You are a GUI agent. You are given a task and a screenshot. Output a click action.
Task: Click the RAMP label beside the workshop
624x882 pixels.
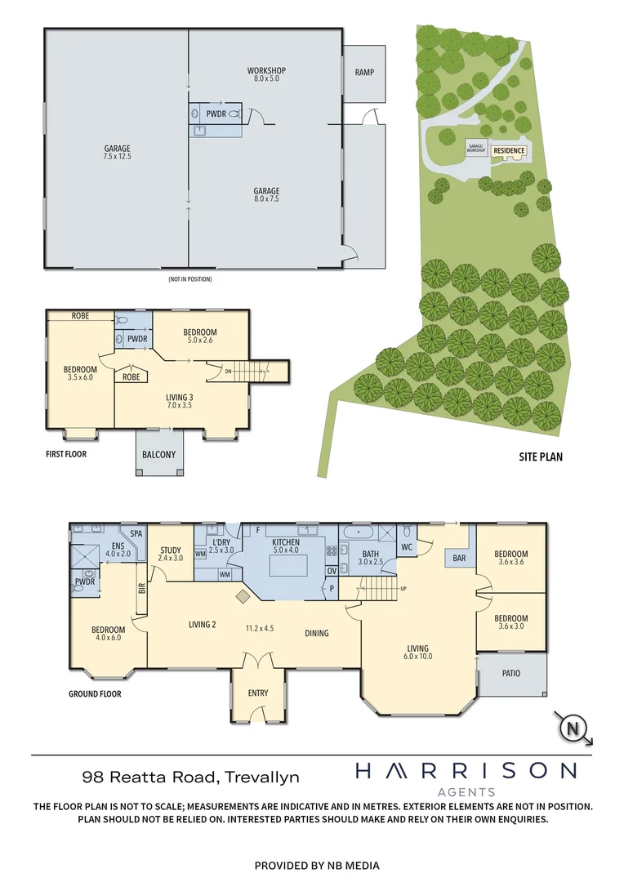point(364,72)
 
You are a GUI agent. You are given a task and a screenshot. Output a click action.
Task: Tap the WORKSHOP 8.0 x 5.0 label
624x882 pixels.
point(266,74)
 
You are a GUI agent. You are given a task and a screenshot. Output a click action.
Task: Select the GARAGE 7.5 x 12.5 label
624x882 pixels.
point(118,152)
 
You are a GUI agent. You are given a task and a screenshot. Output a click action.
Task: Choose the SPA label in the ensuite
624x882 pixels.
point(136,533)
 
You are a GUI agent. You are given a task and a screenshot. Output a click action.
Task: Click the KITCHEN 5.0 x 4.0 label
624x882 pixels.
point(286,546)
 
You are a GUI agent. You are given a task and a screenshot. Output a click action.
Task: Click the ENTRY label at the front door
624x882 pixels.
point(258,693)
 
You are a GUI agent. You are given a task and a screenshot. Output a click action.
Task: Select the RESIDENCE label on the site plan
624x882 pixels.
point(508,151)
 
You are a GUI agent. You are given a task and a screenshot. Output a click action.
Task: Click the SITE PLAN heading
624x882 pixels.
point(540,457)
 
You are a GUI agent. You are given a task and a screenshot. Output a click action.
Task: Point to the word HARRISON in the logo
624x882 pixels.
point(466,770)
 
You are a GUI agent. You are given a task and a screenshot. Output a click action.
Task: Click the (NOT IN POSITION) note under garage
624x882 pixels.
point(190,279)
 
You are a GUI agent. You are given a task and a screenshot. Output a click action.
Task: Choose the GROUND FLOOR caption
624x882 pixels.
point(95,694)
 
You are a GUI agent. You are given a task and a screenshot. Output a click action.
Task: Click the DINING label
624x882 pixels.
point(317,633)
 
